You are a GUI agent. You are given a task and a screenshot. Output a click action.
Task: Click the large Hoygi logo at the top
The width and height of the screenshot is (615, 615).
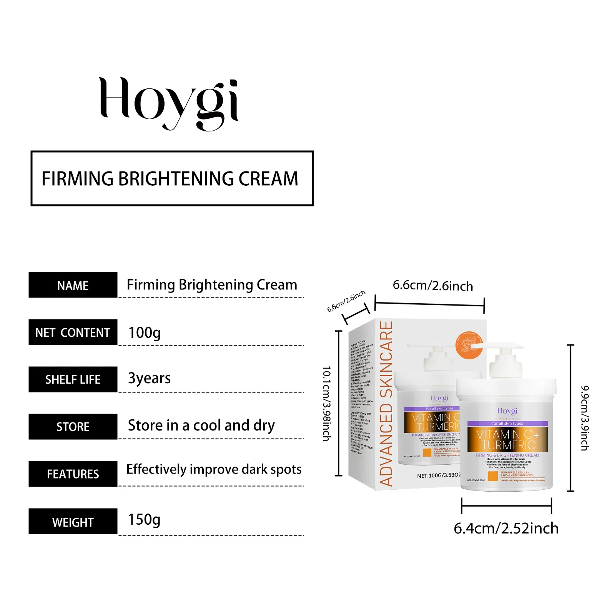(169, 103)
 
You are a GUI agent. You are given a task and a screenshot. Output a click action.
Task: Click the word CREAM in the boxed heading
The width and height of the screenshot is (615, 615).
(268, 179)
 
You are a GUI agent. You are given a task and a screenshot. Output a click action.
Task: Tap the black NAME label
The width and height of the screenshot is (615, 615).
(73, 285)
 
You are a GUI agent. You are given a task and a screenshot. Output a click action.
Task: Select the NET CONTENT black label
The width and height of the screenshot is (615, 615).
(73, 332)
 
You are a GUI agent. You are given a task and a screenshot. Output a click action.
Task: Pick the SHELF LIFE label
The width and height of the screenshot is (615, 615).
(73, 379)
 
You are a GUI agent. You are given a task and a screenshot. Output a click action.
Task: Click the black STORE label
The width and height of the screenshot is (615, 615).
(73, 427)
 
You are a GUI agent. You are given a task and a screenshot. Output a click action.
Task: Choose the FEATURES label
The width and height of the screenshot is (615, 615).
(73, 474)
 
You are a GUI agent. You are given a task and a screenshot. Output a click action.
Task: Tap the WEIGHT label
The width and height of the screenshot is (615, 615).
(73, 522)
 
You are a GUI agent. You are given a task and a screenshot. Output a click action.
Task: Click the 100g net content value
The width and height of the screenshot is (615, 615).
(145, 333)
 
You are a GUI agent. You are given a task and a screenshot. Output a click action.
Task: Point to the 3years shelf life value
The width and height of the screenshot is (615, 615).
(149, 379)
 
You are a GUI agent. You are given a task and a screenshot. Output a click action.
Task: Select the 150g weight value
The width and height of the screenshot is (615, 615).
(144, 520)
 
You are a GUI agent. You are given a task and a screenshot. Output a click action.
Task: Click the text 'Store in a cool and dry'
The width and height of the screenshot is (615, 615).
(201, 426)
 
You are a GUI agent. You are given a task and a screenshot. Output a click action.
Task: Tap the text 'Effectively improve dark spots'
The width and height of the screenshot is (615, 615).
(214, 469)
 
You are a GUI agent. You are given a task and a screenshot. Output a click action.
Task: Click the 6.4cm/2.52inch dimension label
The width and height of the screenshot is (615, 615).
(506, 529)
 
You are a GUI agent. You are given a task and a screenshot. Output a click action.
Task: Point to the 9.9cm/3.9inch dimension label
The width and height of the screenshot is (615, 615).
(584, 418)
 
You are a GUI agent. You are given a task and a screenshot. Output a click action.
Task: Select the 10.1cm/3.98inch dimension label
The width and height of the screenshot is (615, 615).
(326, 403)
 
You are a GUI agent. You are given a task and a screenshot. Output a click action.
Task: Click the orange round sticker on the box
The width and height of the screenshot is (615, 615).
(469, 344)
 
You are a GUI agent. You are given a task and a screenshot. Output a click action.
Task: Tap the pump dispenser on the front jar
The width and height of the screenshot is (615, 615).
(505, 361)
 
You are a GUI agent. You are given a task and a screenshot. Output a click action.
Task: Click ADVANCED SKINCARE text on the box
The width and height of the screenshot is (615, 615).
(386, 404)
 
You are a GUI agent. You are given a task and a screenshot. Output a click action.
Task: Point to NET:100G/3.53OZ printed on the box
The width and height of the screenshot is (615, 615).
(439, 475)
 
